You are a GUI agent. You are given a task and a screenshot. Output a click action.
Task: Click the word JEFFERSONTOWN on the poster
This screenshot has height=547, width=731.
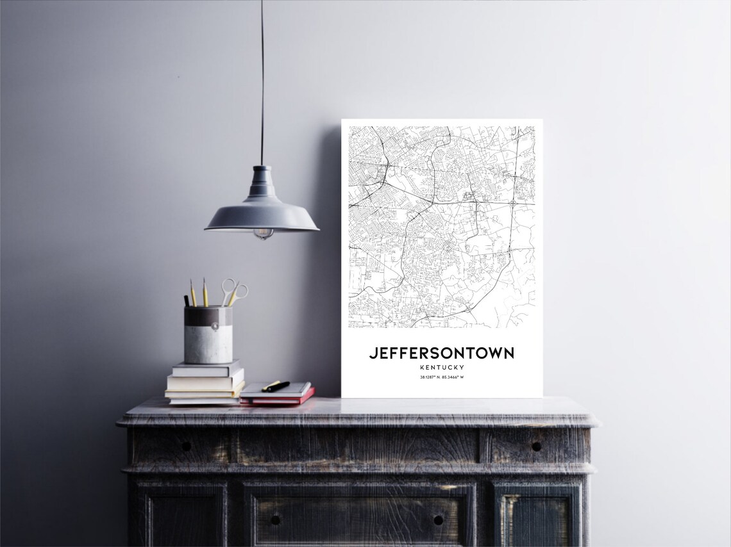[x=441, y=353]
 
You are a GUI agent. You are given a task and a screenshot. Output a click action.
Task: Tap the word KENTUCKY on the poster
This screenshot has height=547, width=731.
[x=441, y=368]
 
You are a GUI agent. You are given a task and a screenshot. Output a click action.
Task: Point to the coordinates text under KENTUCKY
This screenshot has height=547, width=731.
[x=441, y=377]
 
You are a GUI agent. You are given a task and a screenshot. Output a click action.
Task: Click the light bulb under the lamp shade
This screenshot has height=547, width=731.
[x=263, y=234]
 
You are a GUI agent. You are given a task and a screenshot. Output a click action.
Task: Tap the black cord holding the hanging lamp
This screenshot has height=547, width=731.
[x=262, y=83]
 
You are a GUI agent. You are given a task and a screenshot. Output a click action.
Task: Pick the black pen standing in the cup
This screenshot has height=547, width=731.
[x=187, y=300]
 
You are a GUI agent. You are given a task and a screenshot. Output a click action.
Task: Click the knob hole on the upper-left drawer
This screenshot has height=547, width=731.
[x=185, y=446]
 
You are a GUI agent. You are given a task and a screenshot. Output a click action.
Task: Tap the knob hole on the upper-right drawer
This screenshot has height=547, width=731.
[x=535, y=446]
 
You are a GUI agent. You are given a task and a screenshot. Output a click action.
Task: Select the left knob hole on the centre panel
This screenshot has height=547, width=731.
[x=275, y=519]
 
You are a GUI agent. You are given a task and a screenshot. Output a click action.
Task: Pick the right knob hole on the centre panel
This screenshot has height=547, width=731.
[x=438, y=519]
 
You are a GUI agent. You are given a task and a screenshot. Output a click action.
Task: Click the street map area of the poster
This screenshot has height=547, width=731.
[x=441, y=224]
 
